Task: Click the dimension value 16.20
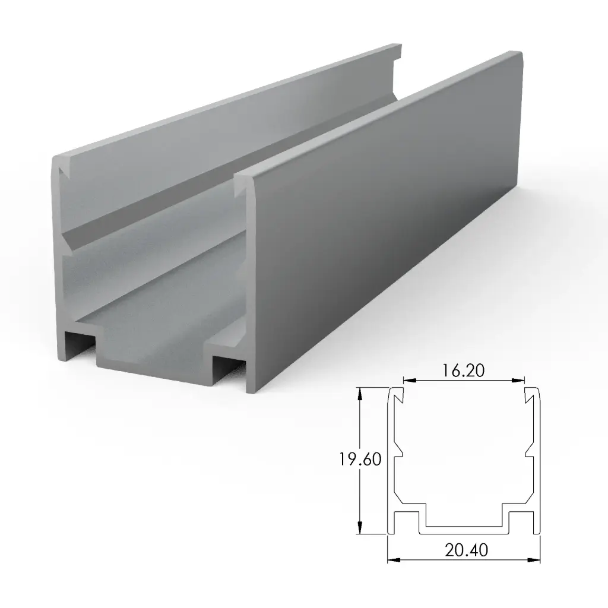(x=464, y=370)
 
